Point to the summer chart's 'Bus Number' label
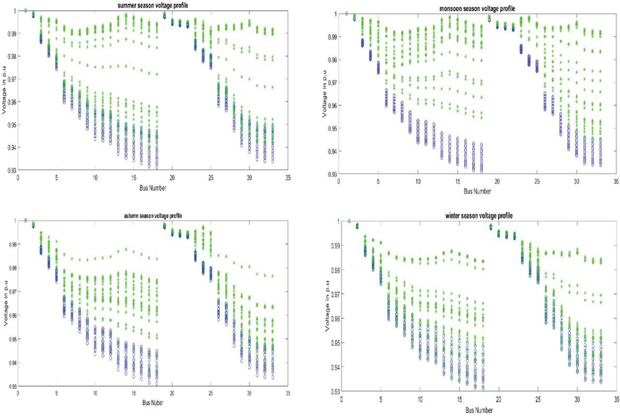[150, 187]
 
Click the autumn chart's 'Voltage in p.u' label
[6, 302]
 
